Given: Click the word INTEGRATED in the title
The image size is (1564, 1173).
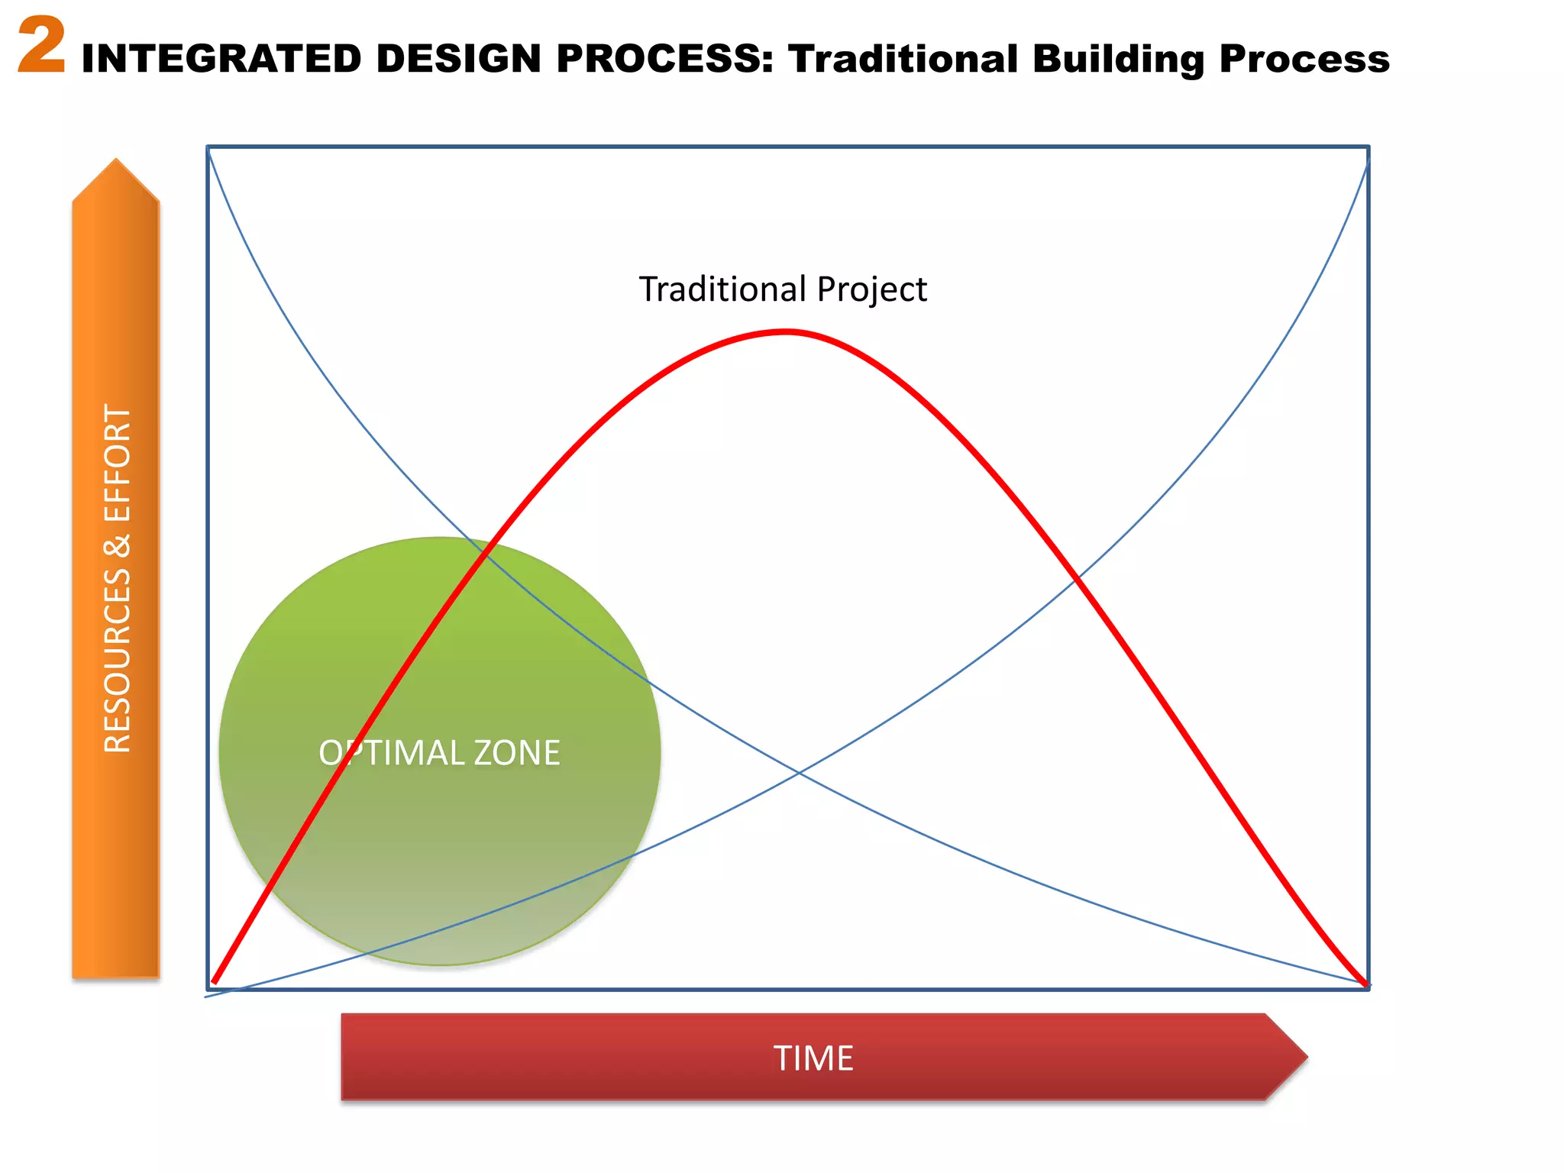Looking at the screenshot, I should tap(221, 59).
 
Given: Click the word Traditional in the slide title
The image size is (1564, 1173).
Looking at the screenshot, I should tap(903, 59).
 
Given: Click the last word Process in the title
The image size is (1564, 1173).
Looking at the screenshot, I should tap(1304, 59).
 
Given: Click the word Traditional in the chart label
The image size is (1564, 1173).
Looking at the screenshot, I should tap(722, 289).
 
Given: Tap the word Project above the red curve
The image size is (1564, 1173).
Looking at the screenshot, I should tap(871, 289).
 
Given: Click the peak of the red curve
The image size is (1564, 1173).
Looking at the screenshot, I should tap(787, 331).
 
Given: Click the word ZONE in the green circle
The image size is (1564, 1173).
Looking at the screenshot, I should tap(517, 753).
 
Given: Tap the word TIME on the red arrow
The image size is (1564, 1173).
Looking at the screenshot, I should tap(813, 1058).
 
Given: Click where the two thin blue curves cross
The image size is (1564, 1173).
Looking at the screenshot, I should tap(799, 774).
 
